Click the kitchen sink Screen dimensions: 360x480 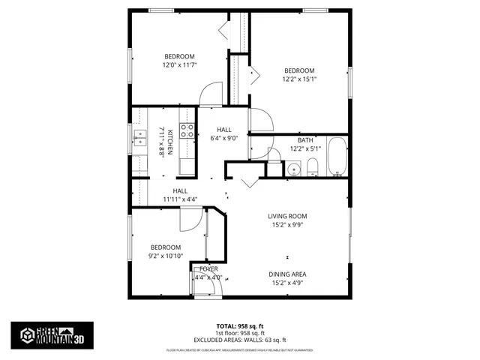point(139,136)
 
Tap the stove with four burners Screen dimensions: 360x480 point(187,132)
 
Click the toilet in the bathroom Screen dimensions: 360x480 point(313,166)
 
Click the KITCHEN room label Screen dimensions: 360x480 point(170,142)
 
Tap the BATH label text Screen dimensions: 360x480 point(305,140)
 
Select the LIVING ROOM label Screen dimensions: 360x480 point(288,216)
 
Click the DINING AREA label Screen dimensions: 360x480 point(288,274)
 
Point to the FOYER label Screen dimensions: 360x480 point(208,268)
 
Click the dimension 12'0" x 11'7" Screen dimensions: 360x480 point(179,65)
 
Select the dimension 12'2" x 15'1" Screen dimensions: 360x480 point(299,79)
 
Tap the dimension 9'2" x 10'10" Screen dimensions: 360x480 point(165,256)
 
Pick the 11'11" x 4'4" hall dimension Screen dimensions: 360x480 point(180,199)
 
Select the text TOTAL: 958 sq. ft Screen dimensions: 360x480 point(240,326)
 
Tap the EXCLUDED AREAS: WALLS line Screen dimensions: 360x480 point(240,340)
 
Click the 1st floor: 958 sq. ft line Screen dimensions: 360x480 point(240,333)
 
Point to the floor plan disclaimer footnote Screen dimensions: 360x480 point(240,350)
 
